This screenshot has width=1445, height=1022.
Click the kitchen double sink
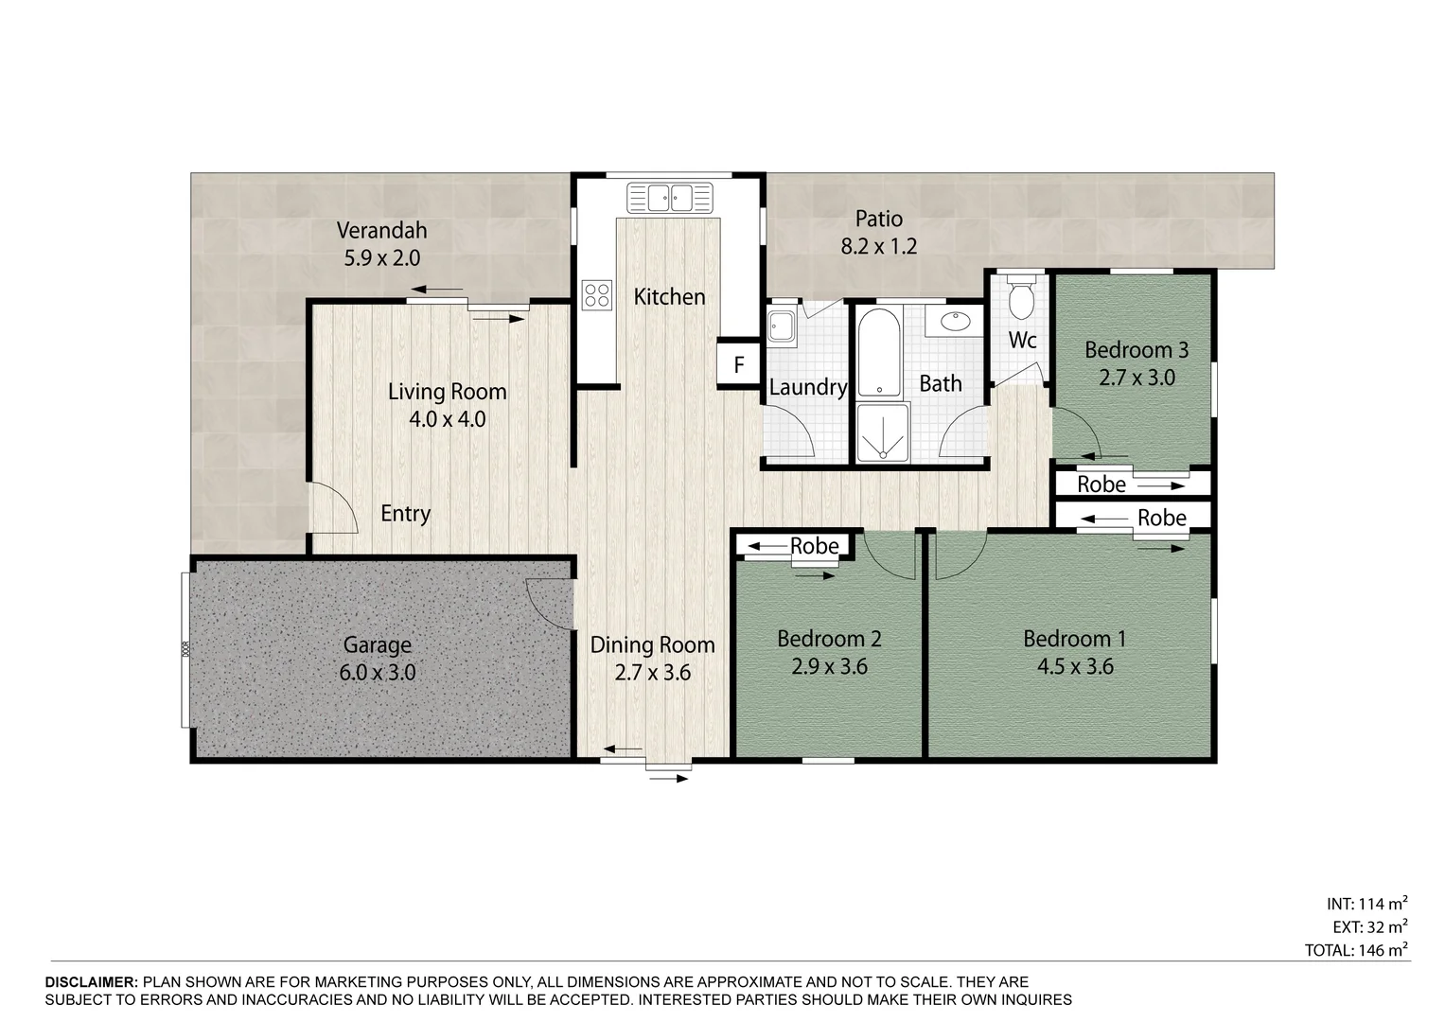click(x=670, y=198)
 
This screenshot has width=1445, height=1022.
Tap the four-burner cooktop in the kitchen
click(x=597, y=295)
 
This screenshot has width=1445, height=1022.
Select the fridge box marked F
click(x=739, y=364)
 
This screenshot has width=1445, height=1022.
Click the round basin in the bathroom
click(x=954, y=321)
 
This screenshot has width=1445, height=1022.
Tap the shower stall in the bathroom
click(x=883, y=432)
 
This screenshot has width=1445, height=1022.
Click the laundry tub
click(x=782, y=326)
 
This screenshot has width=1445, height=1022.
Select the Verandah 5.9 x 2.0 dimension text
click(x=382, y=258)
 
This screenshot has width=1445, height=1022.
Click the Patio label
click(x=878, y=220)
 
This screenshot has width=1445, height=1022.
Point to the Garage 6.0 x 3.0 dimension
click(x=378, y=673)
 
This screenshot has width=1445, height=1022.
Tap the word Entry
click(x=405, y=514)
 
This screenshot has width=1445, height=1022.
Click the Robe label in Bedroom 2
click(x=814, y=547)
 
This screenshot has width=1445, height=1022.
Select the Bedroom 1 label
click(x=1075, y=640)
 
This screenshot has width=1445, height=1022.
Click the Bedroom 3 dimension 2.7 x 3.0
click(x=1137, y=378)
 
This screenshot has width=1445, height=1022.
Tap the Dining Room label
click(x=652, y=645)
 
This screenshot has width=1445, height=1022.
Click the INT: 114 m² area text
click(x=1366, y=904)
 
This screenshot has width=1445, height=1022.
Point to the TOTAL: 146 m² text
click(x=1356, y=950)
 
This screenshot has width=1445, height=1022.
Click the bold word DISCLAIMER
click(x=92, y=982)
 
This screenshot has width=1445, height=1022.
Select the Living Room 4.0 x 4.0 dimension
click(x=447, y=419)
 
